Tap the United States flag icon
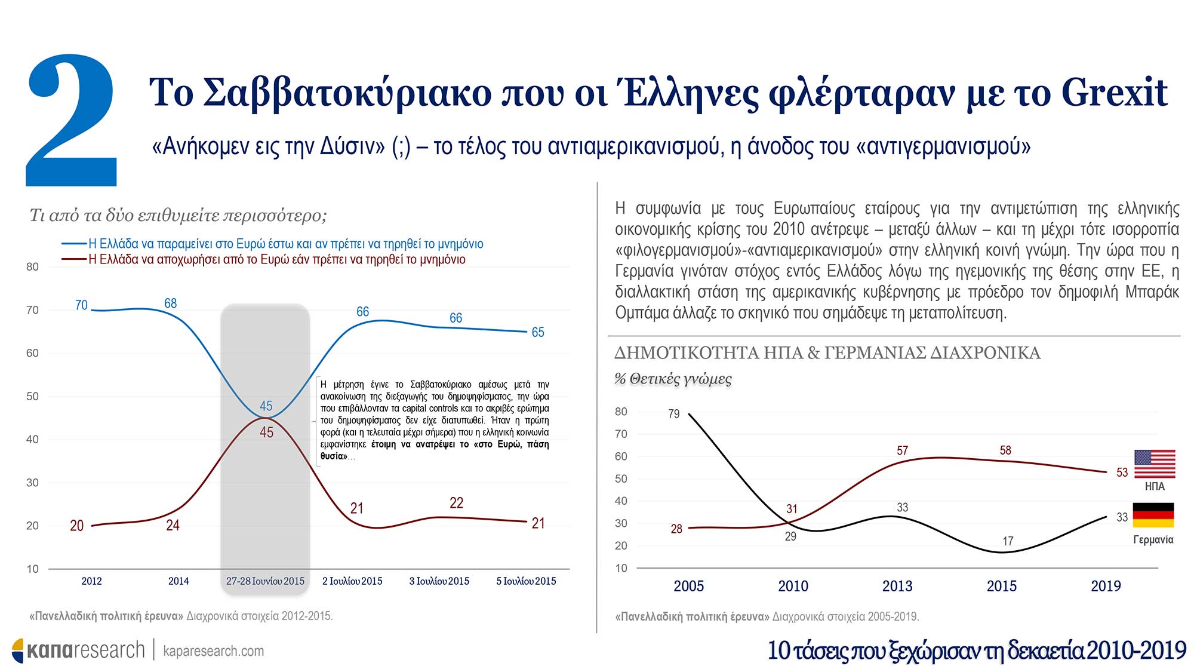[1155, 464]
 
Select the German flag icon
[1153, 515]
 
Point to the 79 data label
[673, 414]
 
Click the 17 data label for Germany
[1008, 541]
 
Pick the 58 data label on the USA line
[1005, 450]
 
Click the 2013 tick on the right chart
[897, 586]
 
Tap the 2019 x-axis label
[1106, 586]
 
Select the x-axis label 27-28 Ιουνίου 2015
[265, 581]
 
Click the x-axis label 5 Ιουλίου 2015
[526, 581]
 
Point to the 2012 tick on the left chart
[91, 581]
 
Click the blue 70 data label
[81, 305]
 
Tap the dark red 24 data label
[173, 525]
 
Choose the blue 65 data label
[538, 332]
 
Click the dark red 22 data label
[456, 503]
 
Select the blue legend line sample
[74, 244]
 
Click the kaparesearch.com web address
[213, 651]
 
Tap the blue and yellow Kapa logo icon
[18, 650]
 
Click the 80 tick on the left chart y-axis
[32, 267]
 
